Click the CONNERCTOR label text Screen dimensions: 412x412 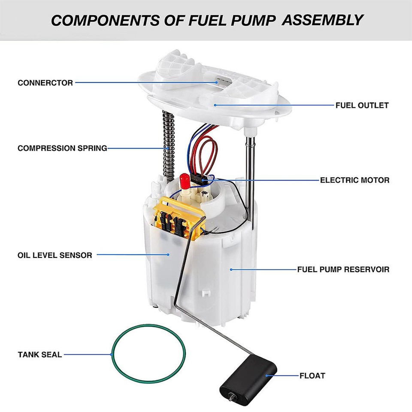(x=45, y=83)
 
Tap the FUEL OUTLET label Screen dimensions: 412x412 (x=362, y=105)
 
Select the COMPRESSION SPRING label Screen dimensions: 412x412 (x=62, y=148)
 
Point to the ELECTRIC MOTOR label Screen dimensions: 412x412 (x=354, y=180)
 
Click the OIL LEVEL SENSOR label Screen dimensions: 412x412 (x=55, y=255)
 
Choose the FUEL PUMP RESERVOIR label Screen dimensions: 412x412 (x=343, y=270)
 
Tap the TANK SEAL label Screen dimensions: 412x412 (x=39, y=354)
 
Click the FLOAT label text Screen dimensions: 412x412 (x=312, y=376)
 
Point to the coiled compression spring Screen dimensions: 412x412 (x=169, y=142)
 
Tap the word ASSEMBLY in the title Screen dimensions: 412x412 (x=322, y=20)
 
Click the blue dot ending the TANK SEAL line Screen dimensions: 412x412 (x=111, y=354)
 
